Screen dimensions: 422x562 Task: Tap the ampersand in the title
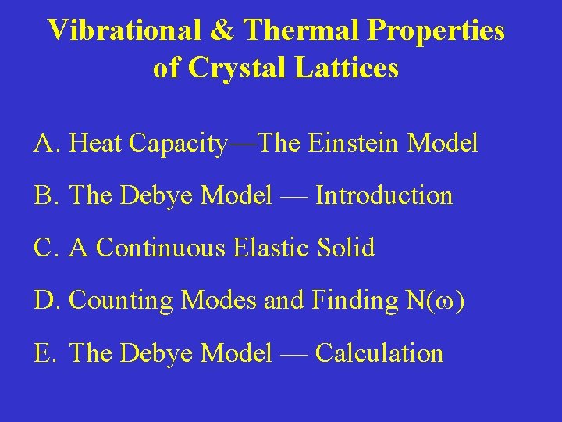222,30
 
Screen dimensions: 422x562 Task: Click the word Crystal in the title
232,68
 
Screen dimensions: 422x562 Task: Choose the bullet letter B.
43,195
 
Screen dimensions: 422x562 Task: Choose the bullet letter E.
42,353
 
